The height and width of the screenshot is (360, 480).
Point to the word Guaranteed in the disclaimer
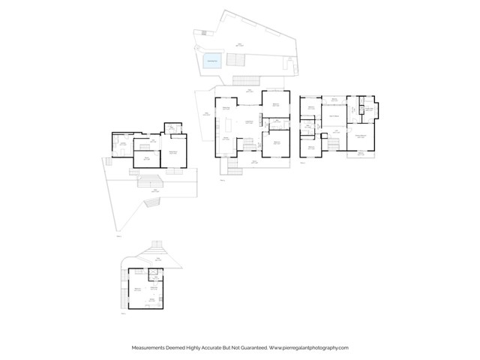coord(249,348)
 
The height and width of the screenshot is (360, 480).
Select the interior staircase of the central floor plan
coord(248,143)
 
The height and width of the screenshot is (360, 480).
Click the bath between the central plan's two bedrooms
coord(275,121)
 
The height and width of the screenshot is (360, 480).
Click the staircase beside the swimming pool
coord(244,80)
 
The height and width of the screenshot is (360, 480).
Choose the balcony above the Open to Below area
coord(334,98)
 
